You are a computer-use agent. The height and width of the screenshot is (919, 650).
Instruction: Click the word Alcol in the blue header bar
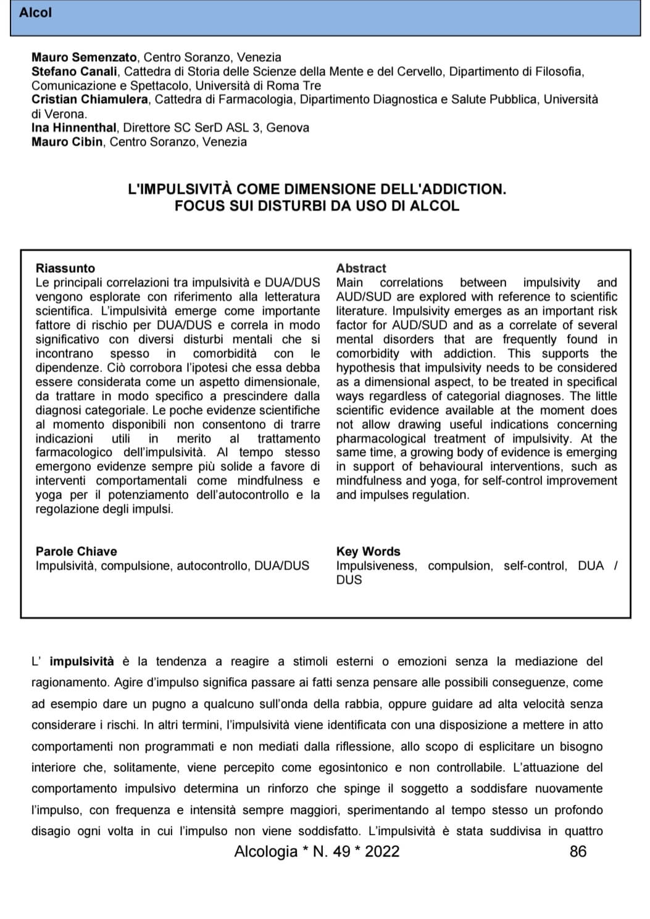click(35, 12)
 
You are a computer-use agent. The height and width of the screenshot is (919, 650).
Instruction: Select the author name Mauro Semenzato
click(85, 57)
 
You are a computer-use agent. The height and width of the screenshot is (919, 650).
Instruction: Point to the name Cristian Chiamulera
click(90, 99)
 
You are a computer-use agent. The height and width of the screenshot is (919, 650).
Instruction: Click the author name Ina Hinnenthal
click(74, 128)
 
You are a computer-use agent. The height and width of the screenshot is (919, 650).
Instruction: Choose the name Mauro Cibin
click(67, 142)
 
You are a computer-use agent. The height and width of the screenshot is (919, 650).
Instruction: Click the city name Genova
click(288, 128)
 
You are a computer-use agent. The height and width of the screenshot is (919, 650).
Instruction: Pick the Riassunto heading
click(65, 268)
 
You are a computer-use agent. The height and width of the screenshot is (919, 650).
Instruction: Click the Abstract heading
click(361, 268)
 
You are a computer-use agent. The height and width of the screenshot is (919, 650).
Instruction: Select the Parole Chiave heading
click(76, 552)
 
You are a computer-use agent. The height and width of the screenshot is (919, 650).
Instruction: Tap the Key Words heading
click(368, 552)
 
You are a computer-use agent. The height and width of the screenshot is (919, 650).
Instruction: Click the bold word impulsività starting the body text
click(81, 662)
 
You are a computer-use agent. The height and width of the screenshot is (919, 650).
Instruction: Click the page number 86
click(578, 852)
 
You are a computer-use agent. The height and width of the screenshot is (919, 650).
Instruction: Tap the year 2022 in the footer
click(382, 852)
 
